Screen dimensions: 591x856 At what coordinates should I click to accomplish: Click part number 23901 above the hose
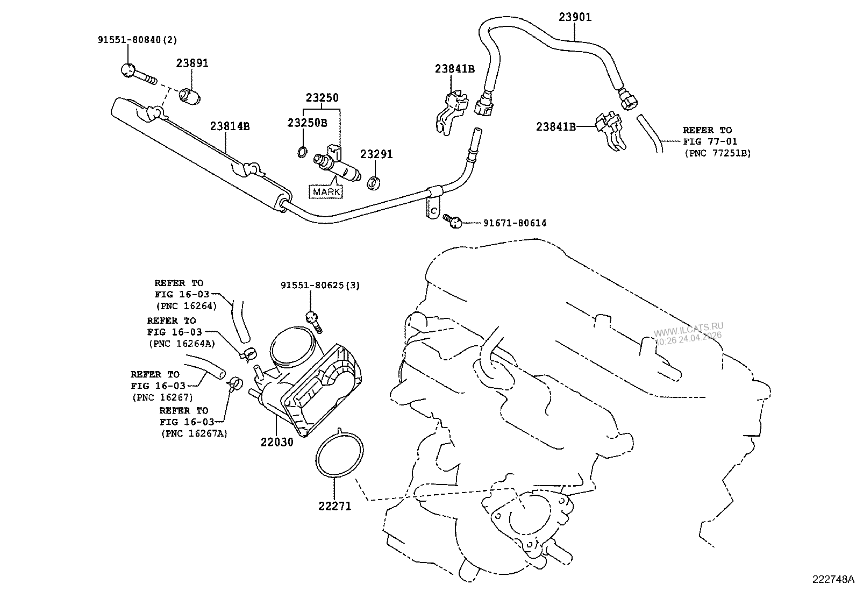tap(575, 17)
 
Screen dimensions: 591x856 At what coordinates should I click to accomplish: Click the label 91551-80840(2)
tap(137, 39)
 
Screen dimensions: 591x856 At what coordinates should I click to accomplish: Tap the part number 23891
tap(192, 63)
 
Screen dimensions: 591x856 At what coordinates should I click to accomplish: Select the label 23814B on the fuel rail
tap(230, 126)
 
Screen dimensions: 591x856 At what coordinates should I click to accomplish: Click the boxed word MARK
tap(327, 191)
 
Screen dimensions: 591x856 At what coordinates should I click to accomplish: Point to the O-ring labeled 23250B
tap(302, 152)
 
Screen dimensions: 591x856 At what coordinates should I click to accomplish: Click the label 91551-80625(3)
tap(320, 285)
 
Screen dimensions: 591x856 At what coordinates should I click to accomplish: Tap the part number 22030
tap(277, 442)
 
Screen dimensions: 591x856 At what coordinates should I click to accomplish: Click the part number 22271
tap(334, 505)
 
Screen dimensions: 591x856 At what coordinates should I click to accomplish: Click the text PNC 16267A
tap(194, 433)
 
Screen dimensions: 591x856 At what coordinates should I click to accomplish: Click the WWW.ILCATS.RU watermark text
tap(689, 326)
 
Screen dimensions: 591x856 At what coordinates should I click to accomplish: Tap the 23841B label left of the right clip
tap(556, 126)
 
